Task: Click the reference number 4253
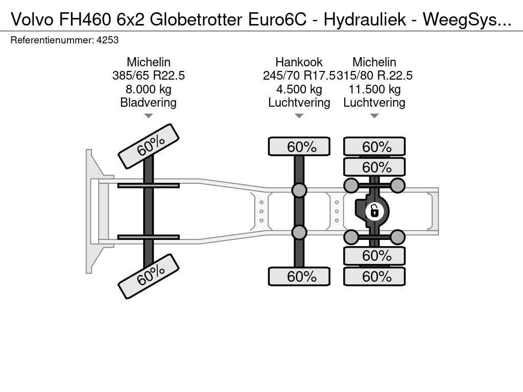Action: coord(107,40)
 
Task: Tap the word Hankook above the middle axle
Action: coord(299,62)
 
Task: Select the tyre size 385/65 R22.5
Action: coord(149,76)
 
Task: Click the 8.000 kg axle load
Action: coord(149,89)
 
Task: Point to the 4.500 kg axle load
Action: coord(299,89)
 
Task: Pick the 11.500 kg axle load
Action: coord(374,89)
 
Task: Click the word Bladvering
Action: coord(149,102)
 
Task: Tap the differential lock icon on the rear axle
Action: coord(374,211)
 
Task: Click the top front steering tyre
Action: coord(149,146)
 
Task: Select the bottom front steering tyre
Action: coord(149,276)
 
